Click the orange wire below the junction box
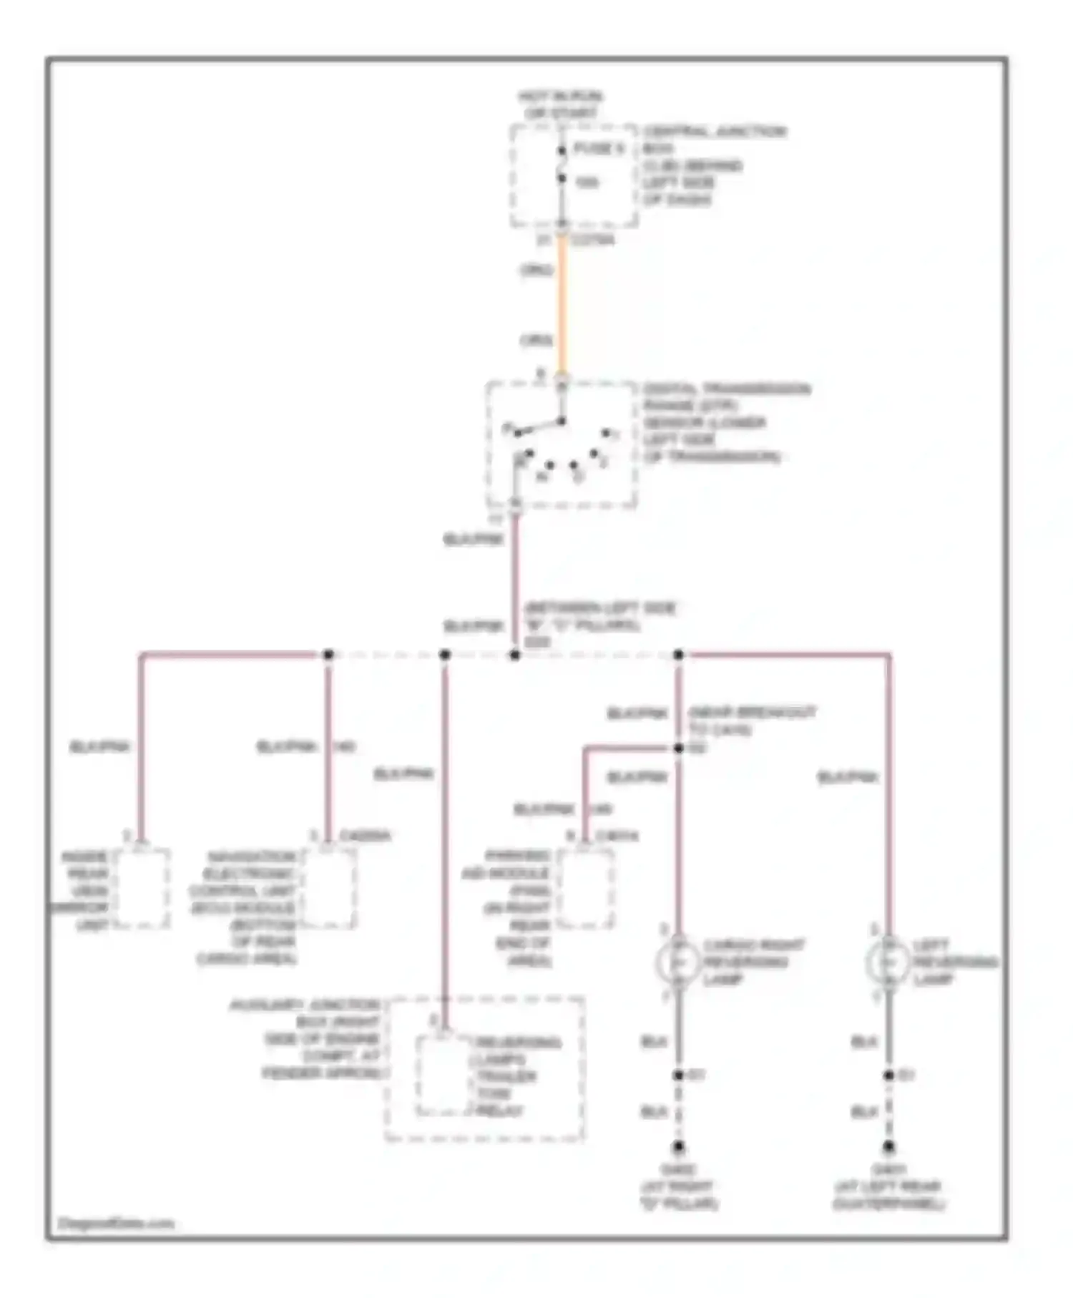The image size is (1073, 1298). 562,308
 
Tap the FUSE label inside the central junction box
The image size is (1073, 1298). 599,149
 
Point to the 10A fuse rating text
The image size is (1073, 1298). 587,183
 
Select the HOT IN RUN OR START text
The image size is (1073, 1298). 561,104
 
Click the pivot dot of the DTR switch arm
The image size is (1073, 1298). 562,421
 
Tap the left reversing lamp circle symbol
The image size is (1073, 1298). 888,962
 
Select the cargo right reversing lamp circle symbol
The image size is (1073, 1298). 678,962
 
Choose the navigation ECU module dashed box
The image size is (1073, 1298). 328,889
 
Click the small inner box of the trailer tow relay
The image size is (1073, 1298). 444,1073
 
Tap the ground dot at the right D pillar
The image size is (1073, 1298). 678,1146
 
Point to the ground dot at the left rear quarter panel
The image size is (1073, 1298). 888,1146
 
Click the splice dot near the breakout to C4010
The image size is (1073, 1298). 678,748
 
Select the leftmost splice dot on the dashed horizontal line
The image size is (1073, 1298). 328,655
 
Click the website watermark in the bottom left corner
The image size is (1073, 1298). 114,1223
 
